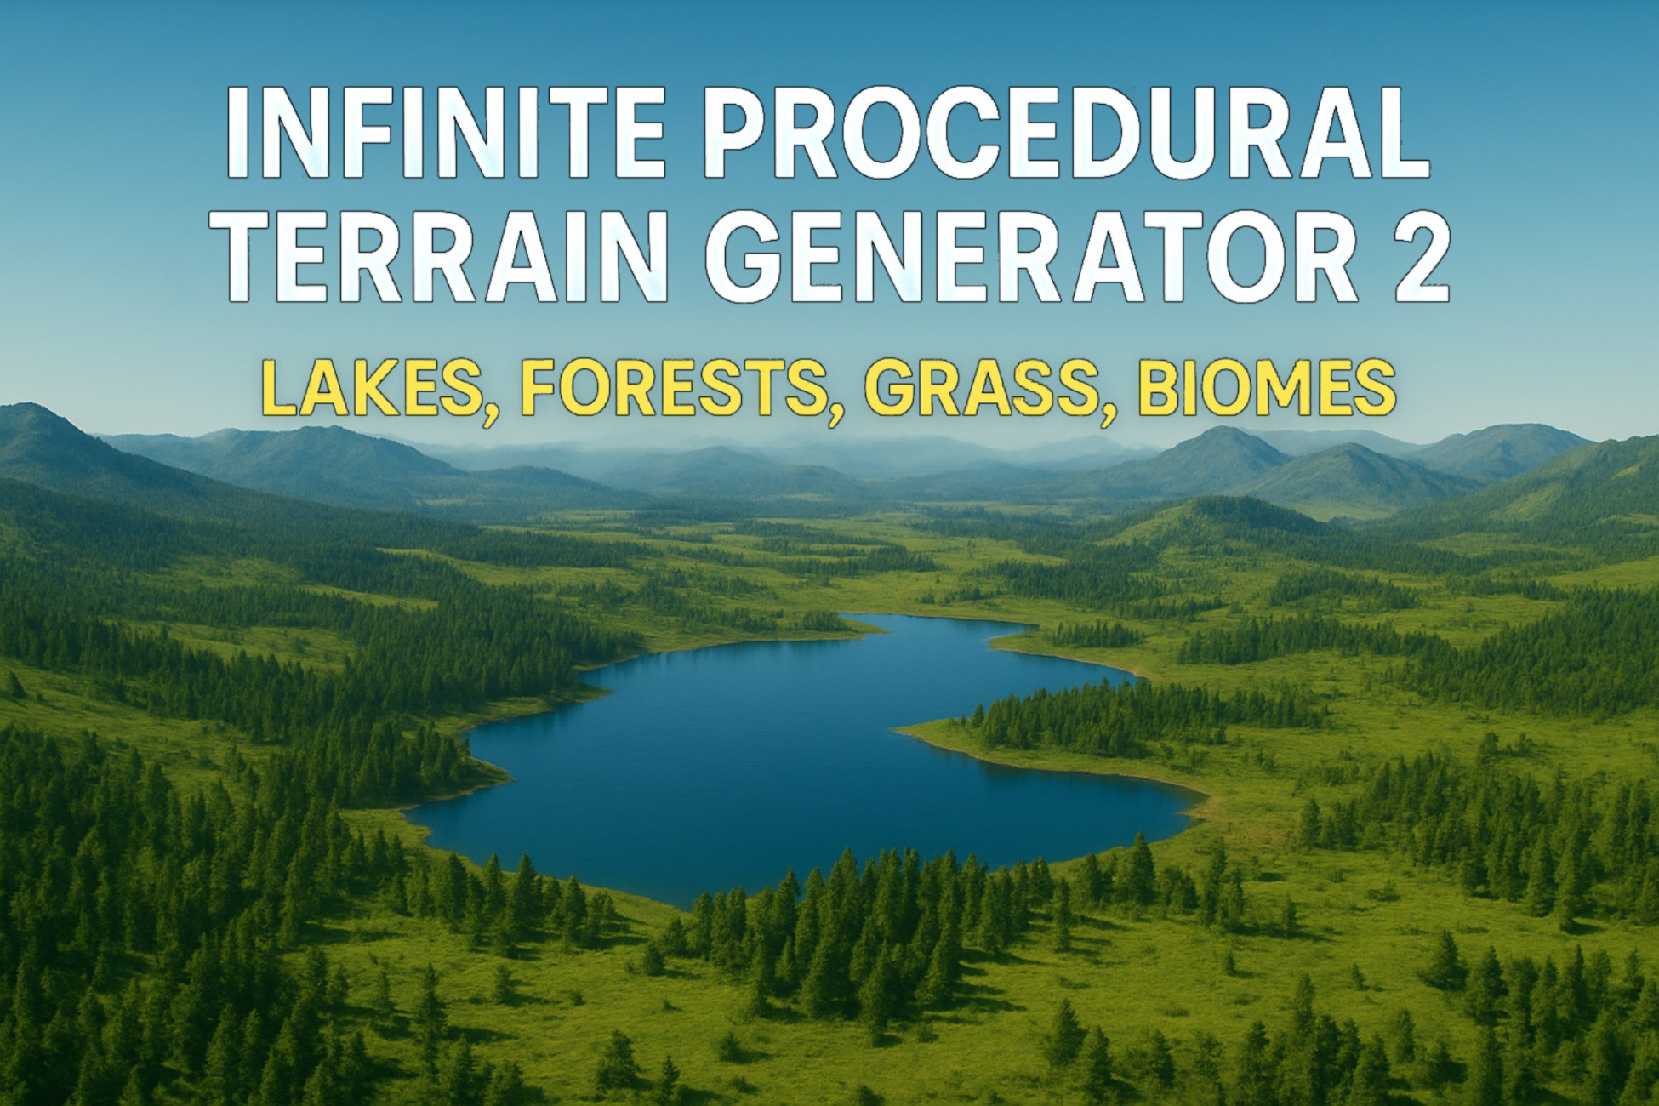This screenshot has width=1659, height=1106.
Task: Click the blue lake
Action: [x=766, y=766]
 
